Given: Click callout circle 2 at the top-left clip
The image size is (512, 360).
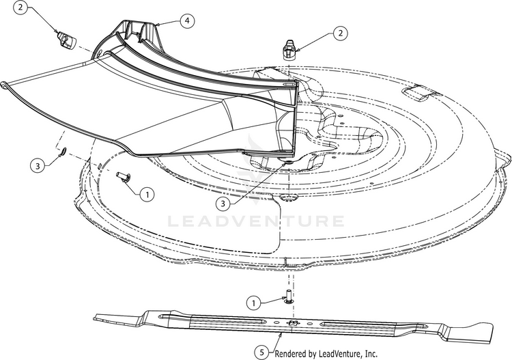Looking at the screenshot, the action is tap(20, 8).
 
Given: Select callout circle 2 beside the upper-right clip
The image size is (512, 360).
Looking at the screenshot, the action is tap(340, 33).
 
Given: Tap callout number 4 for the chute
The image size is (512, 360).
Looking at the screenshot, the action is tap(187, 21).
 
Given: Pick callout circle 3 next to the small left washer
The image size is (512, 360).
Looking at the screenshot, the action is tap(38, 166).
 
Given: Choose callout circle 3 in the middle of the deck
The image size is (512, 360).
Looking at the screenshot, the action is tap(223, 204).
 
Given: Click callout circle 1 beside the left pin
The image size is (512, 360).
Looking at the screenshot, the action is tap(147, 195).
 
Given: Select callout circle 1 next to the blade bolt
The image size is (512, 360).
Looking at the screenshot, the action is tap(254, 303).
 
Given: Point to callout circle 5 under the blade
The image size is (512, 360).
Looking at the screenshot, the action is tap(262, 352).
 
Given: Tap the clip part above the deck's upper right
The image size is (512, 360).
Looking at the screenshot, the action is tap(289, 50).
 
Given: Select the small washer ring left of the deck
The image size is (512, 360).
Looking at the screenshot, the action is tap(63, 150).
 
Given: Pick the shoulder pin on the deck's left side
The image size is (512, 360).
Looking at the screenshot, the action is tap(124, 177).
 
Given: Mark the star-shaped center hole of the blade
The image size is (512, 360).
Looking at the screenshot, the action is tap(292, 322).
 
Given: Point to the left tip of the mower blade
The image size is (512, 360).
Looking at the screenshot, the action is tap(94, 317).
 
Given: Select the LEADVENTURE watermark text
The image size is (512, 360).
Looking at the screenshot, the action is tap(256, 221).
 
